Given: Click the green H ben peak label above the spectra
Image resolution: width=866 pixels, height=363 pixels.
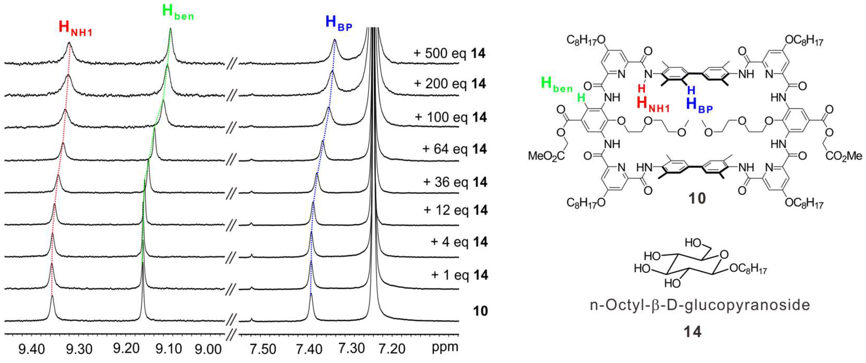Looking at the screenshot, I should [x=178, y=13].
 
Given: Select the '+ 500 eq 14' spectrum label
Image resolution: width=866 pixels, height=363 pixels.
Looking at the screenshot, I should [x=449, y=53].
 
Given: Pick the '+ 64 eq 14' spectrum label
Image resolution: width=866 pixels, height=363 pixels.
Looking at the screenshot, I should [x=454, y=148].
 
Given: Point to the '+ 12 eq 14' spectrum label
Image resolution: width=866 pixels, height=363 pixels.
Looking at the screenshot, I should [x=456, y=210].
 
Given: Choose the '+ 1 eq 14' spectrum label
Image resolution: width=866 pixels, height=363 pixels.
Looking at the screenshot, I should [x=459, y=275].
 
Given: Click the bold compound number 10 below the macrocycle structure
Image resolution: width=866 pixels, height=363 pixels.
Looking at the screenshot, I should [x=697, y=198].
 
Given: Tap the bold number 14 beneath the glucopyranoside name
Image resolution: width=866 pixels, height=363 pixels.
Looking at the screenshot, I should [x=693, y=332].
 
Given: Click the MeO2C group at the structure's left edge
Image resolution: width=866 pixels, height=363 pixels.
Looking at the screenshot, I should [x=546, y=156].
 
